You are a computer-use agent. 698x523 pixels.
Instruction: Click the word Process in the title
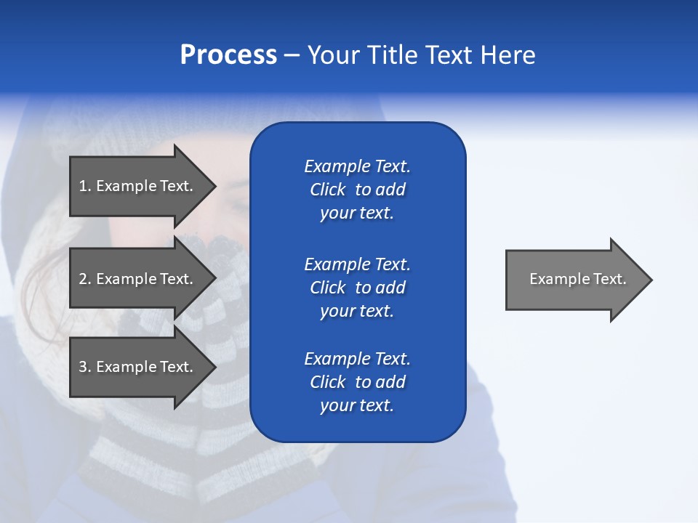tap(228, 55)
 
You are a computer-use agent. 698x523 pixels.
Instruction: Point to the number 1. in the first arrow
tap(85, 186)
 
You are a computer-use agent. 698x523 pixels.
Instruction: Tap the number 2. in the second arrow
tap(85, 279)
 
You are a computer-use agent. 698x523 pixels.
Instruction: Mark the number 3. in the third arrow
tap(85, 367)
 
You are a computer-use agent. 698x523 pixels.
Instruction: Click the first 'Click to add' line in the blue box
tap(357, 190)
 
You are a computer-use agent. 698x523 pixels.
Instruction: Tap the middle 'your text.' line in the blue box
tap(357, 311)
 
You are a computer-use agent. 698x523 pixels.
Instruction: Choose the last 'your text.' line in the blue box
tap(357, 405)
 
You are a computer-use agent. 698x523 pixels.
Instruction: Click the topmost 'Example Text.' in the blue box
tap(357, 166)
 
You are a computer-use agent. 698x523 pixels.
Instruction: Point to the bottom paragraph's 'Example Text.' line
tap(357, 359)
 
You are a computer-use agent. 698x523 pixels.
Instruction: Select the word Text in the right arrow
tap(609, 279)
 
